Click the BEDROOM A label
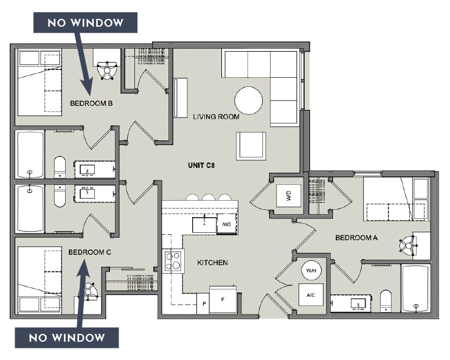[x=357, y=238]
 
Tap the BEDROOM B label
[x=91, y=103]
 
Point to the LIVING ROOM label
[x=216, y=117]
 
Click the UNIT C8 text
[x=201, y=165]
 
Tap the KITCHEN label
[x=212, y=263]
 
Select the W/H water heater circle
[x=311, y=271]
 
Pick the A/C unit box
[x=311, y=295]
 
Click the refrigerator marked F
[x=222, y=300]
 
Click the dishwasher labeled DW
[x=226, y=224]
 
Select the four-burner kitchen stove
[x=173, y=261]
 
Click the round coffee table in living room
[x=249, y=100]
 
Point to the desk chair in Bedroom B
[x=109, y=70]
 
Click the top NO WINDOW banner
[x=86, y=23]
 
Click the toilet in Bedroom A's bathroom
[x=386, y=300]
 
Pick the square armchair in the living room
[x=251, y=145]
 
